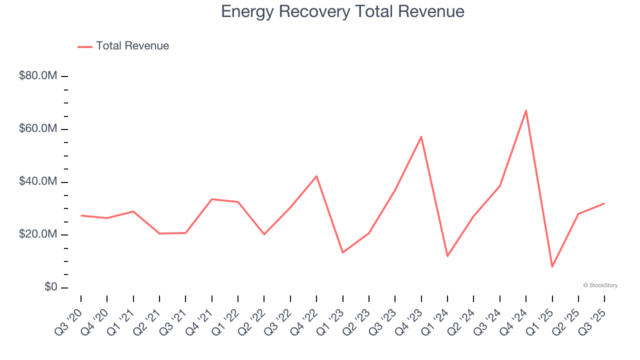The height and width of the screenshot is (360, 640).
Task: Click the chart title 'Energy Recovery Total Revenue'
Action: click(342, 11)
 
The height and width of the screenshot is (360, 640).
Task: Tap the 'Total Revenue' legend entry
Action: click(132, 46)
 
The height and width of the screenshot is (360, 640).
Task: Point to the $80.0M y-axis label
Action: click(38, 76)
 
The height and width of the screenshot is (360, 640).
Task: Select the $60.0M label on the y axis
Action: click(38, 129)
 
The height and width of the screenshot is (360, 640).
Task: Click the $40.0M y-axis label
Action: click(38, 181)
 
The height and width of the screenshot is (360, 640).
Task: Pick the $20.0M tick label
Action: click(38, 234)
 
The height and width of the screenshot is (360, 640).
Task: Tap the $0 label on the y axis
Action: click(50, 287)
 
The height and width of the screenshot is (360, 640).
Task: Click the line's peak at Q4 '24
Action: click(526, 110)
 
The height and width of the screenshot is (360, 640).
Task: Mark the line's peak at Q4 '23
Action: click(421, 136)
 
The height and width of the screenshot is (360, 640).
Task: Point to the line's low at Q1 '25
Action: click(552, 266)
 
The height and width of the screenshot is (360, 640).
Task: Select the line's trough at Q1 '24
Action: click(447, 256)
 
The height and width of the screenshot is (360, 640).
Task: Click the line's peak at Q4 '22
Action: click(316, 176)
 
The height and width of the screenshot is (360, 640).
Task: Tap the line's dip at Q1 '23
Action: click(343, 252)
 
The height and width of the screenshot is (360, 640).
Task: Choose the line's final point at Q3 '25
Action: click(604, 203)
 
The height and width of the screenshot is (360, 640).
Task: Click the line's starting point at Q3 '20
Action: click(81, 215)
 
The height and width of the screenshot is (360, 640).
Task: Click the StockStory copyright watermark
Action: click(600, 285)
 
